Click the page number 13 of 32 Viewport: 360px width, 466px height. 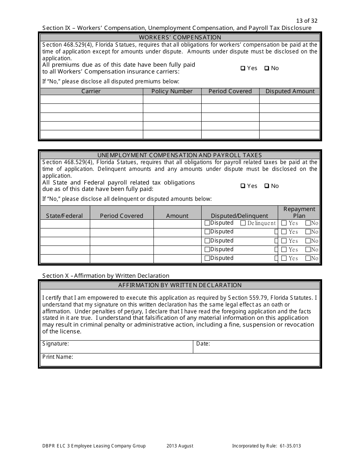click(x=306, y=21)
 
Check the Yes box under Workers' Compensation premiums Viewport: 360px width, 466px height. click(x=243, y=69)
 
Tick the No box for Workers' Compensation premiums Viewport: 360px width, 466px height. click(x=266, y=69)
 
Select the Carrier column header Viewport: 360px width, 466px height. click(x=91, y=91)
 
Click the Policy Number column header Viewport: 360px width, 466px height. click(x=172, y=91)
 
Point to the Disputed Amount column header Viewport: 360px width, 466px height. click(x=290, y=91)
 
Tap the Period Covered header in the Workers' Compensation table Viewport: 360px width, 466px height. click(x=230, y=91)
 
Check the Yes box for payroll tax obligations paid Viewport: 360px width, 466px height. click(x=243, y=186)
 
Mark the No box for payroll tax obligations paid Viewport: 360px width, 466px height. click(x=266, y=186)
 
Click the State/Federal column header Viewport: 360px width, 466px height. click(x=64, y=216)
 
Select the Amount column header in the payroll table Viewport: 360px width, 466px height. click(x=177, y=216)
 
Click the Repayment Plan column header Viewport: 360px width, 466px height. click(x=299, y=212)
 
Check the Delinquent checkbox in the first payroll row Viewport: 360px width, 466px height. click(x=243, y=223)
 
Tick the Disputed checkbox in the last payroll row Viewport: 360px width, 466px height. click(x=207, y=258)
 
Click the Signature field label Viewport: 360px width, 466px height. click(x=55, y=344)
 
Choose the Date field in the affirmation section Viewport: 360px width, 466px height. click(x=256, y=346)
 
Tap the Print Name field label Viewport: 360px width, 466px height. click(x=58, y=357)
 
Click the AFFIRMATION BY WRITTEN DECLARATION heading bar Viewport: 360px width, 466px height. click(x=180, y=285)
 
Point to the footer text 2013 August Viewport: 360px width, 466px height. click(x=180, y=446)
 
